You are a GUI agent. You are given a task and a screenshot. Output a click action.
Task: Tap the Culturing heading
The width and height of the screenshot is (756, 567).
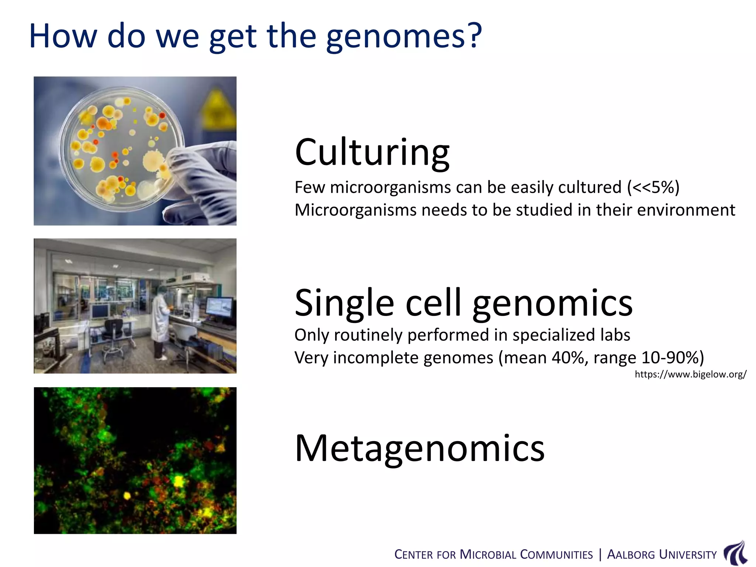pyautogui.click(x=372, y=152)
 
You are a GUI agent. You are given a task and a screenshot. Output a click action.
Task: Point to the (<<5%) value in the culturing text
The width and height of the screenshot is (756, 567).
pyautogui.click(x=653, y=188)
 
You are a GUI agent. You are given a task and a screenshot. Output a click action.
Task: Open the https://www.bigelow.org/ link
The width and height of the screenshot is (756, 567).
pyautogui.click(x=690, y=374)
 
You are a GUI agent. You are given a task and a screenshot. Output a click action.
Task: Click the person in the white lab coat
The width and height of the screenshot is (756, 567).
pyautogui.click(x=161, y=321)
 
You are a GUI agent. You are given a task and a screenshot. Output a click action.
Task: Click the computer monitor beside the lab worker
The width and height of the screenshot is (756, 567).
pyautogui.click(x=219, y=308)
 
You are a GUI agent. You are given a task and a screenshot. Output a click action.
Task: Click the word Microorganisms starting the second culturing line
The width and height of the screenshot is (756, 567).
pyautogui.click(x=355, y=210)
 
